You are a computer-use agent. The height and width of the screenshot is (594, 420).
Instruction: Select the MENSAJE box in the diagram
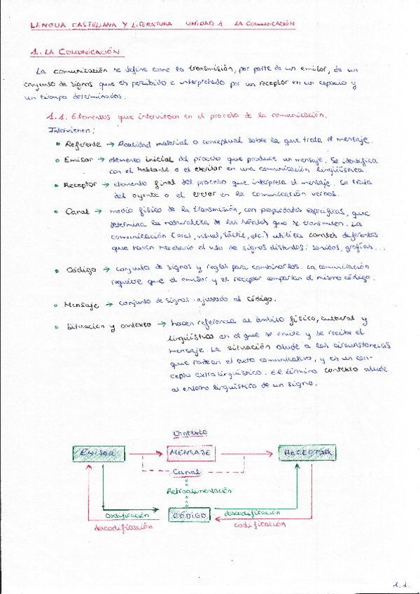[x=190, y=453]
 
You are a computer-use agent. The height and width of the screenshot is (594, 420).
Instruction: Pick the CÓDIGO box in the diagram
[x=190, y=515]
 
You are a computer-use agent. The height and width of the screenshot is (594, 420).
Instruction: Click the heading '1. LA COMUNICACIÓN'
[x=77, y=52]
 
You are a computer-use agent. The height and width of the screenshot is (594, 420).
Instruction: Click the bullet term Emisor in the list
[x=78, y=160]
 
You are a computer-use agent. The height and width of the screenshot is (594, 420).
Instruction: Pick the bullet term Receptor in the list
[x=80, y=185]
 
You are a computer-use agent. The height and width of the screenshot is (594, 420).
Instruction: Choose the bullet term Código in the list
[x=81, y=269]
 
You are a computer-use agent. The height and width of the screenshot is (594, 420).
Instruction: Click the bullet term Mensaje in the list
[x=82, y=305]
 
